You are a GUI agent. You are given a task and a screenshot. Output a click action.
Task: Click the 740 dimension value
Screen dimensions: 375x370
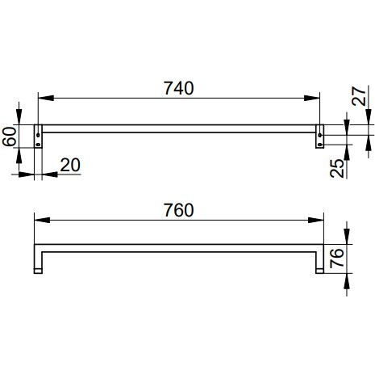[179, 88]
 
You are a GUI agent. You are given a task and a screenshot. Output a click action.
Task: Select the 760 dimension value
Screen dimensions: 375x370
[179, 210]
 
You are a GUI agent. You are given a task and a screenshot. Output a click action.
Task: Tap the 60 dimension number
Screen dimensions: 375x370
[10, 137]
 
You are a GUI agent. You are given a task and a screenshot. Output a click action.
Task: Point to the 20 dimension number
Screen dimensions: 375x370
[70, 165]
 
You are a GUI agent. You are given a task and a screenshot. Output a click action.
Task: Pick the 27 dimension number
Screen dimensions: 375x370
[360, 96]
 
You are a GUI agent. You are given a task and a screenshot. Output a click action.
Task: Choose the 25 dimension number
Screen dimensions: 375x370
[337, 168]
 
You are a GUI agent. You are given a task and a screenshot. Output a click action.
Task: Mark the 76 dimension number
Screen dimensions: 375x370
[337, 258]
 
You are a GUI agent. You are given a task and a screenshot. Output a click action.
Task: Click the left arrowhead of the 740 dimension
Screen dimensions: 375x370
[46, 99]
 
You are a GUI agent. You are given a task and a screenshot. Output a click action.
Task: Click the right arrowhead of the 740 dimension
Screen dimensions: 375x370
[312, 99]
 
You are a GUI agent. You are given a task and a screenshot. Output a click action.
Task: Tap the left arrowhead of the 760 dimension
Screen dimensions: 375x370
[42, 220]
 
